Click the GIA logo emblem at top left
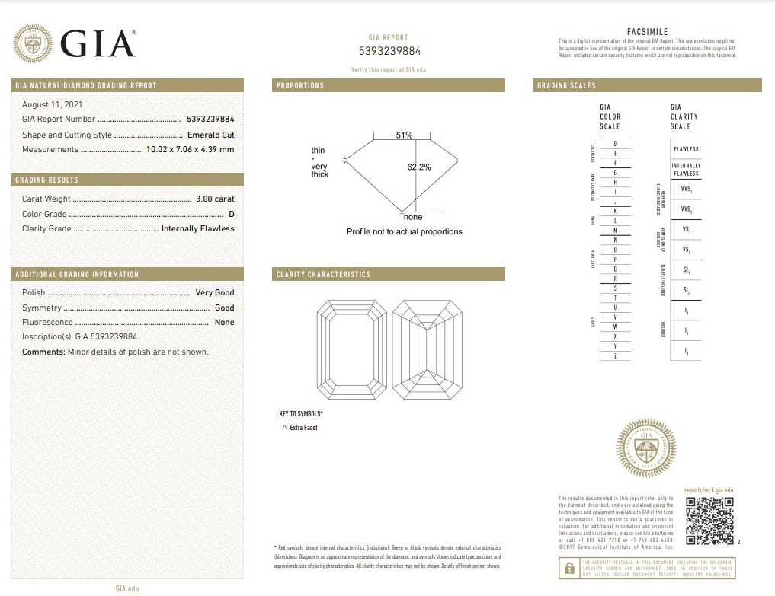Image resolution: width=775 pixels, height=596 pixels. click(34, 44)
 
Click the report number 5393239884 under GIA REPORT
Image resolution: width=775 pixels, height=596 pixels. click(389, 52)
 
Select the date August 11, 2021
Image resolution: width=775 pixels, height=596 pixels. click(53, 104)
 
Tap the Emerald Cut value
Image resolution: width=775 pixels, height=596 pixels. click(211, 135)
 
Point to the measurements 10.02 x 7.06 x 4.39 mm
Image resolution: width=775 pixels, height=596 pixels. click(190, 149)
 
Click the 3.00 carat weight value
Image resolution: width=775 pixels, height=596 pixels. click(215, 199)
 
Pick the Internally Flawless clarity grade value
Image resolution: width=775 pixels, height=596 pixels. click(198, 228)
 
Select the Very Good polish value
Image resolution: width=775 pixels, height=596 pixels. click(215, 292)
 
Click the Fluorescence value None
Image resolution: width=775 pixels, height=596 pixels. click(225, 322)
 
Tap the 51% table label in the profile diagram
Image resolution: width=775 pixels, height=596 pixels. click(404, 135)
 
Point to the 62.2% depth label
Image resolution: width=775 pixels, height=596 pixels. click(419, 167)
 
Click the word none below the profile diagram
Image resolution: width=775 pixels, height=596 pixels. click(413, 218)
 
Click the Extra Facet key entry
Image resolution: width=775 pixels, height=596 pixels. click(303, 428)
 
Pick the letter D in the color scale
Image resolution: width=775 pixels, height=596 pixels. click(615, 144)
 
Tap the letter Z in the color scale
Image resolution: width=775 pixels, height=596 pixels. click(615, 356)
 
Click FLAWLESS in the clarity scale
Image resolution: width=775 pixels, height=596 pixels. click(686, 149)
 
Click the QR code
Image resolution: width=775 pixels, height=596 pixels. click(709, 521)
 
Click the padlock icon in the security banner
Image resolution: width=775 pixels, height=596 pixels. click(568, 569)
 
